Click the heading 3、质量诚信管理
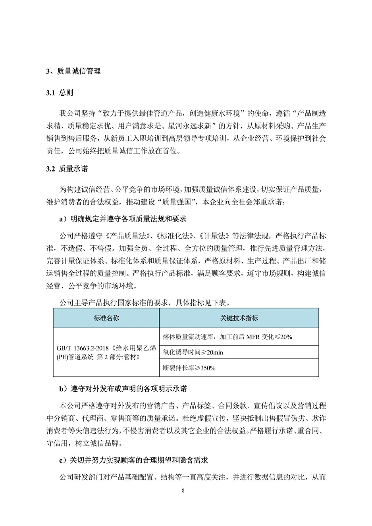pyautogui.click(x=73, y=71)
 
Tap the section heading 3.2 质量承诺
pyautogui.click(x=67, y=169)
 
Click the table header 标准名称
pyautogui.click(x=106, y=318)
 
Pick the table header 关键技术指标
pyautogui.click(x=239, y=318)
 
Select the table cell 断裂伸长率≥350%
pyautogui.click(x=189, y=368)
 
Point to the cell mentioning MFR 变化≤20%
pyautogui.click(x=227, y=337)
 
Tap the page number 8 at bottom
pyautogui.click(x=183, y=490)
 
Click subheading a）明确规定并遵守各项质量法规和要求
pyautogui.click(x=122, y=219)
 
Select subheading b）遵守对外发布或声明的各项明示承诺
pyautogui.click(x=123, y=388)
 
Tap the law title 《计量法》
pyautogui.click(x=214, y=236)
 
